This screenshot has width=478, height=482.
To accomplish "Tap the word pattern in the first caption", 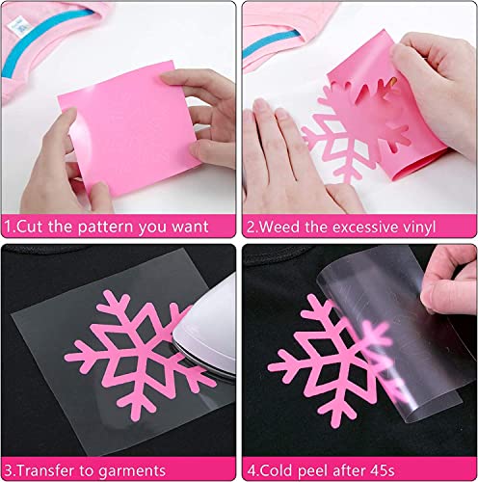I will point(104,228).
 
